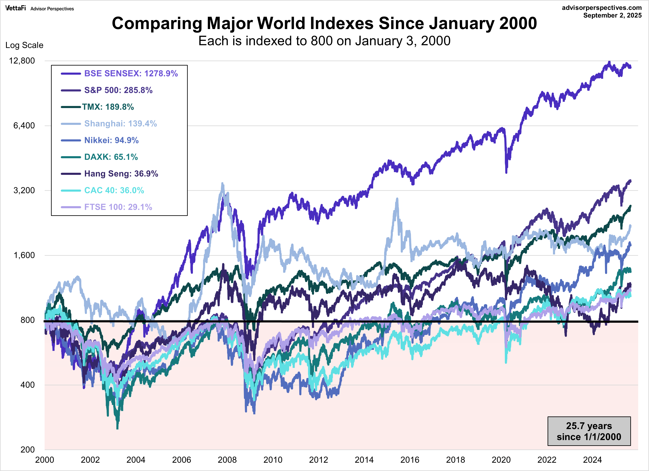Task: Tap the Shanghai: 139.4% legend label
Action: tap(121, 124)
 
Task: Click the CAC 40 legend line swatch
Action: tap(71, 191)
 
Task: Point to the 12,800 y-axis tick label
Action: tap(22, 61)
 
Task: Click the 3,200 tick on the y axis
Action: tap(24, 190)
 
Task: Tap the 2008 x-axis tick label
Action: tap(227, 460)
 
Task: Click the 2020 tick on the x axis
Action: tap(501, 460)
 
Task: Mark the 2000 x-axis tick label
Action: tap(44, 460)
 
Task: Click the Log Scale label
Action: tap(24, 45)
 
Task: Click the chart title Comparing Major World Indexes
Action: tap(324, 23)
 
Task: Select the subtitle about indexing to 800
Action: tap(324, 41)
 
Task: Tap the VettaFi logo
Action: tap(15, 8)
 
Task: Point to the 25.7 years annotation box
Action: tap(589, 431)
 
